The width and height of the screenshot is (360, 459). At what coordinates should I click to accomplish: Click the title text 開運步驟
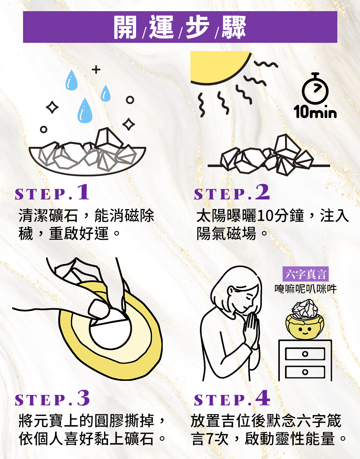coord(180,27)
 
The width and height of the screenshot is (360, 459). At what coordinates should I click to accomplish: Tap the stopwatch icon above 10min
coord(315,88)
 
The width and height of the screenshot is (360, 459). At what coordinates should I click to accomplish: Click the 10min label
coord(315,112)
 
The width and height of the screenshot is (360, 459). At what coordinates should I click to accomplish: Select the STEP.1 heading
coord(52,192)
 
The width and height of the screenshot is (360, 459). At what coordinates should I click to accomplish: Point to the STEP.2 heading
coord(232,192)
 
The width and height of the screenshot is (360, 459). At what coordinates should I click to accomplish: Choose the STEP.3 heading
coord(52,398)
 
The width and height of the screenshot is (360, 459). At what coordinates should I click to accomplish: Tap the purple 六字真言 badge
coord(306,274)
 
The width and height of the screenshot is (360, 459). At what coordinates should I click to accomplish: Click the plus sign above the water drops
coord(96,69)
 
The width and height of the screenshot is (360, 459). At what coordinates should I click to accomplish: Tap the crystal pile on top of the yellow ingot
coord(305,310)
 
